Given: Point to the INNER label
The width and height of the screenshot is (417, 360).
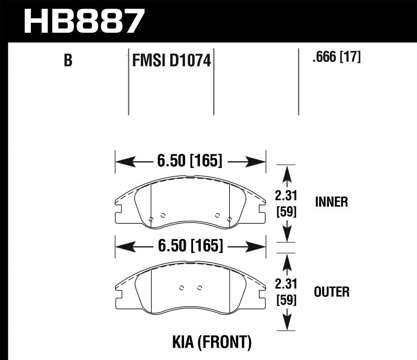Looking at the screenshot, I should (331, 202).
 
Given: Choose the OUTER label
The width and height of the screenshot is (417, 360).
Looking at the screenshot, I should (331, 292).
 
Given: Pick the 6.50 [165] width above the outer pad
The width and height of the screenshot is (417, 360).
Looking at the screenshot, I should (190, 246).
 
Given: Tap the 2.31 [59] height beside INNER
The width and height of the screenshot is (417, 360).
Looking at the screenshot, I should (286, 204).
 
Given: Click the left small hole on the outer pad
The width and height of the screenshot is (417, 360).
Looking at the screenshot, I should (181, 287).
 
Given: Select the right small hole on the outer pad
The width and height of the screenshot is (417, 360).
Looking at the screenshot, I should (199, 287).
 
